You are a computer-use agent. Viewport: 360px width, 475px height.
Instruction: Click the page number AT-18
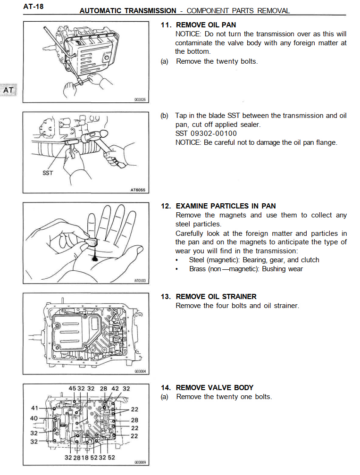33,7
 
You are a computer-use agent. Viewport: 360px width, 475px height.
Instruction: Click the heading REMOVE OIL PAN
206,25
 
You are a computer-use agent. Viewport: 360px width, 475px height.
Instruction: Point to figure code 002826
141,100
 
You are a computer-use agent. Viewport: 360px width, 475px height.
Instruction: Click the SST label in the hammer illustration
48,173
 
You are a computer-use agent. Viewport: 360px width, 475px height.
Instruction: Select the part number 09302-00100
212,133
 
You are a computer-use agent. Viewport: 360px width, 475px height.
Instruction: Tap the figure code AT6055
138,190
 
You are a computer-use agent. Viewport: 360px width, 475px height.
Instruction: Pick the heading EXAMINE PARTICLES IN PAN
226,206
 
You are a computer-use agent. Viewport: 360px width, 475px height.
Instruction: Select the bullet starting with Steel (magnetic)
254,260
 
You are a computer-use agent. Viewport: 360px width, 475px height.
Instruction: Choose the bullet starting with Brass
245,269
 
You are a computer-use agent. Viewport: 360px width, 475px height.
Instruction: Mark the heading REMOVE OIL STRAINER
216,297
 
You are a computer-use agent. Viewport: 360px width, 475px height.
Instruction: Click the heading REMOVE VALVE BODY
215,388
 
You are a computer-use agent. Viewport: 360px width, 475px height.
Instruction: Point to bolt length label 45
72,389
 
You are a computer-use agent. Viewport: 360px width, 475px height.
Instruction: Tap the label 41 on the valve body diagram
34,408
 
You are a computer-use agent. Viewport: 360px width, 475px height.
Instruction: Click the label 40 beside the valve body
33,418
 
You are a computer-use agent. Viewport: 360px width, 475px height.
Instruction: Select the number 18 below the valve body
85,458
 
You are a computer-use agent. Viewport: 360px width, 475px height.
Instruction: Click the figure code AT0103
140,281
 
